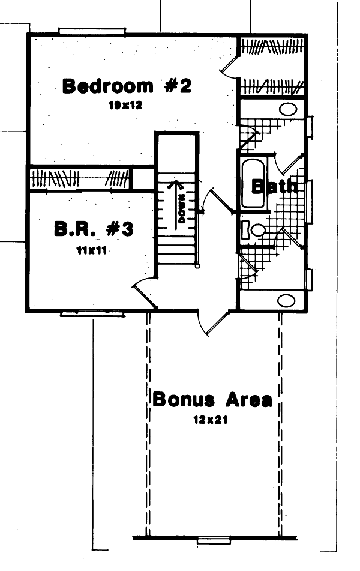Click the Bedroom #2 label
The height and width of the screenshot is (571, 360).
[127, 86]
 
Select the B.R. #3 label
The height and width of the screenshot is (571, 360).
[93, 229]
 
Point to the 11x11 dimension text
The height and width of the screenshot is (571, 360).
[92, 250]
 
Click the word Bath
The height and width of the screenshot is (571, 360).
[274, 186]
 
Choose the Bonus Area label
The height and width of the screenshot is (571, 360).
[212, 399]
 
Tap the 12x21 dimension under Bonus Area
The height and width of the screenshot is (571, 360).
[209, 420]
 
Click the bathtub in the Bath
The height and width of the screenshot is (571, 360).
[253, 182]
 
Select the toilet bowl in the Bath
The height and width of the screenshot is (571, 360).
[259, 229]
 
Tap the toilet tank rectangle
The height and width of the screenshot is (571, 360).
[245, 229]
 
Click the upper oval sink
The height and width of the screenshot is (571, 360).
[289, 109]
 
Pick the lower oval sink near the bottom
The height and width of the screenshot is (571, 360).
[286, 300]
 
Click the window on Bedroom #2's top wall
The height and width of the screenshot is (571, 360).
[92, 31]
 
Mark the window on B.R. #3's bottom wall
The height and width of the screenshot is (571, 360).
[93, 313]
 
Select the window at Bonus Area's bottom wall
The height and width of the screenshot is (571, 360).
[214, 540]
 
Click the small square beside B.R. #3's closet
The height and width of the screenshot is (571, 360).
[143, 178]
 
